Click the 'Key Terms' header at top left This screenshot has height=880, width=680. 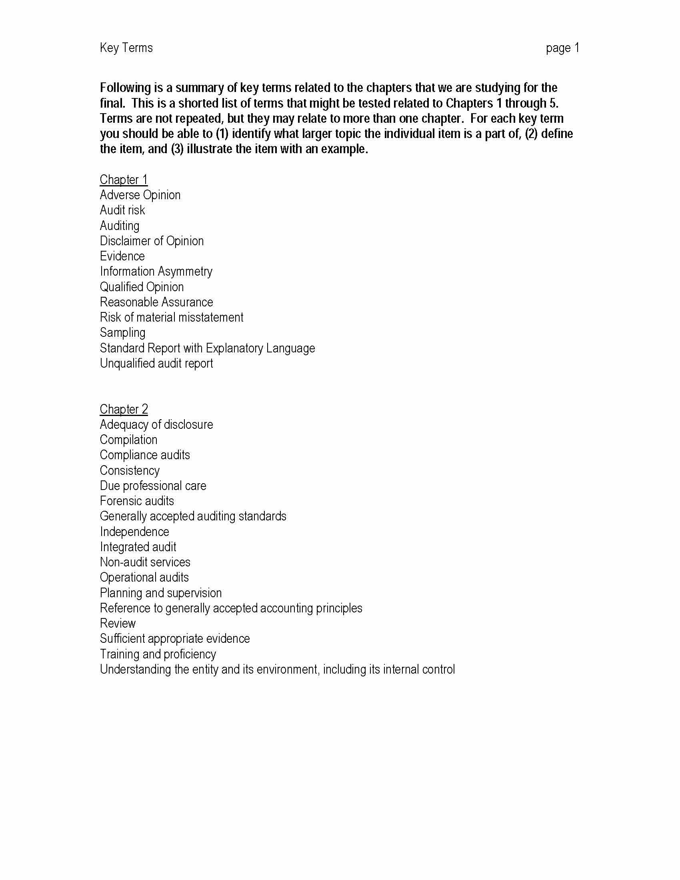[x=126, y=48]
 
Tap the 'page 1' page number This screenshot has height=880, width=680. [x=562, y=48]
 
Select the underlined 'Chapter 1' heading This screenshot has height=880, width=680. [x=124, y=180]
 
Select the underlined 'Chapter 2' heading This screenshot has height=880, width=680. [x=124, y=409]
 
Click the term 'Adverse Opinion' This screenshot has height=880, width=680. [x=140, y=195]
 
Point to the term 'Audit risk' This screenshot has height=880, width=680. [x=122, y=210]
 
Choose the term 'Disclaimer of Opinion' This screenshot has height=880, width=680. [x=152, y=241]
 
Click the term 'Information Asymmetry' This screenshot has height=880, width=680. [x=156, y=272]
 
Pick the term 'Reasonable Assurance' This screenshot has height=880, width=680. [x=156, y=302]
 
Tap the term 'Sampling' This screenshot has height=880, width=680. [x=122, y=333]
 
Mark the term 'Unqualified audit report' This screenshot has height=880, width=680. [x=156, y=364]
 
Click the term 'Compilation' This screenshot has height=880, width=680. [x=128, y=440]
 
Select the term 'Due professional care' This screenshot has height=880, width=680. [x=153, y=486]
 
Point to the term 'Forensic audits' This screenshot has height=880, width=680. [x=136, y=501]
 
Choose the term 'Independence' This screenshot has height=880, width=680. [x=134, y=532]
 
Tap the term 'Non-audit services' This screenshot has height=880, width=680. [x=145, y=562]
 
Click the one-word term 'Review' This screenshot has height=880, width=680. [x=118, y=624]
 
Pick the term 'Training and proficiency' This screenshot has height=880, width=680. [x=158, y=654]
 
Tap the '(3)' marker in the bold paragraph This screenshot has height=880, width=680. [x=178, y=149]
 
